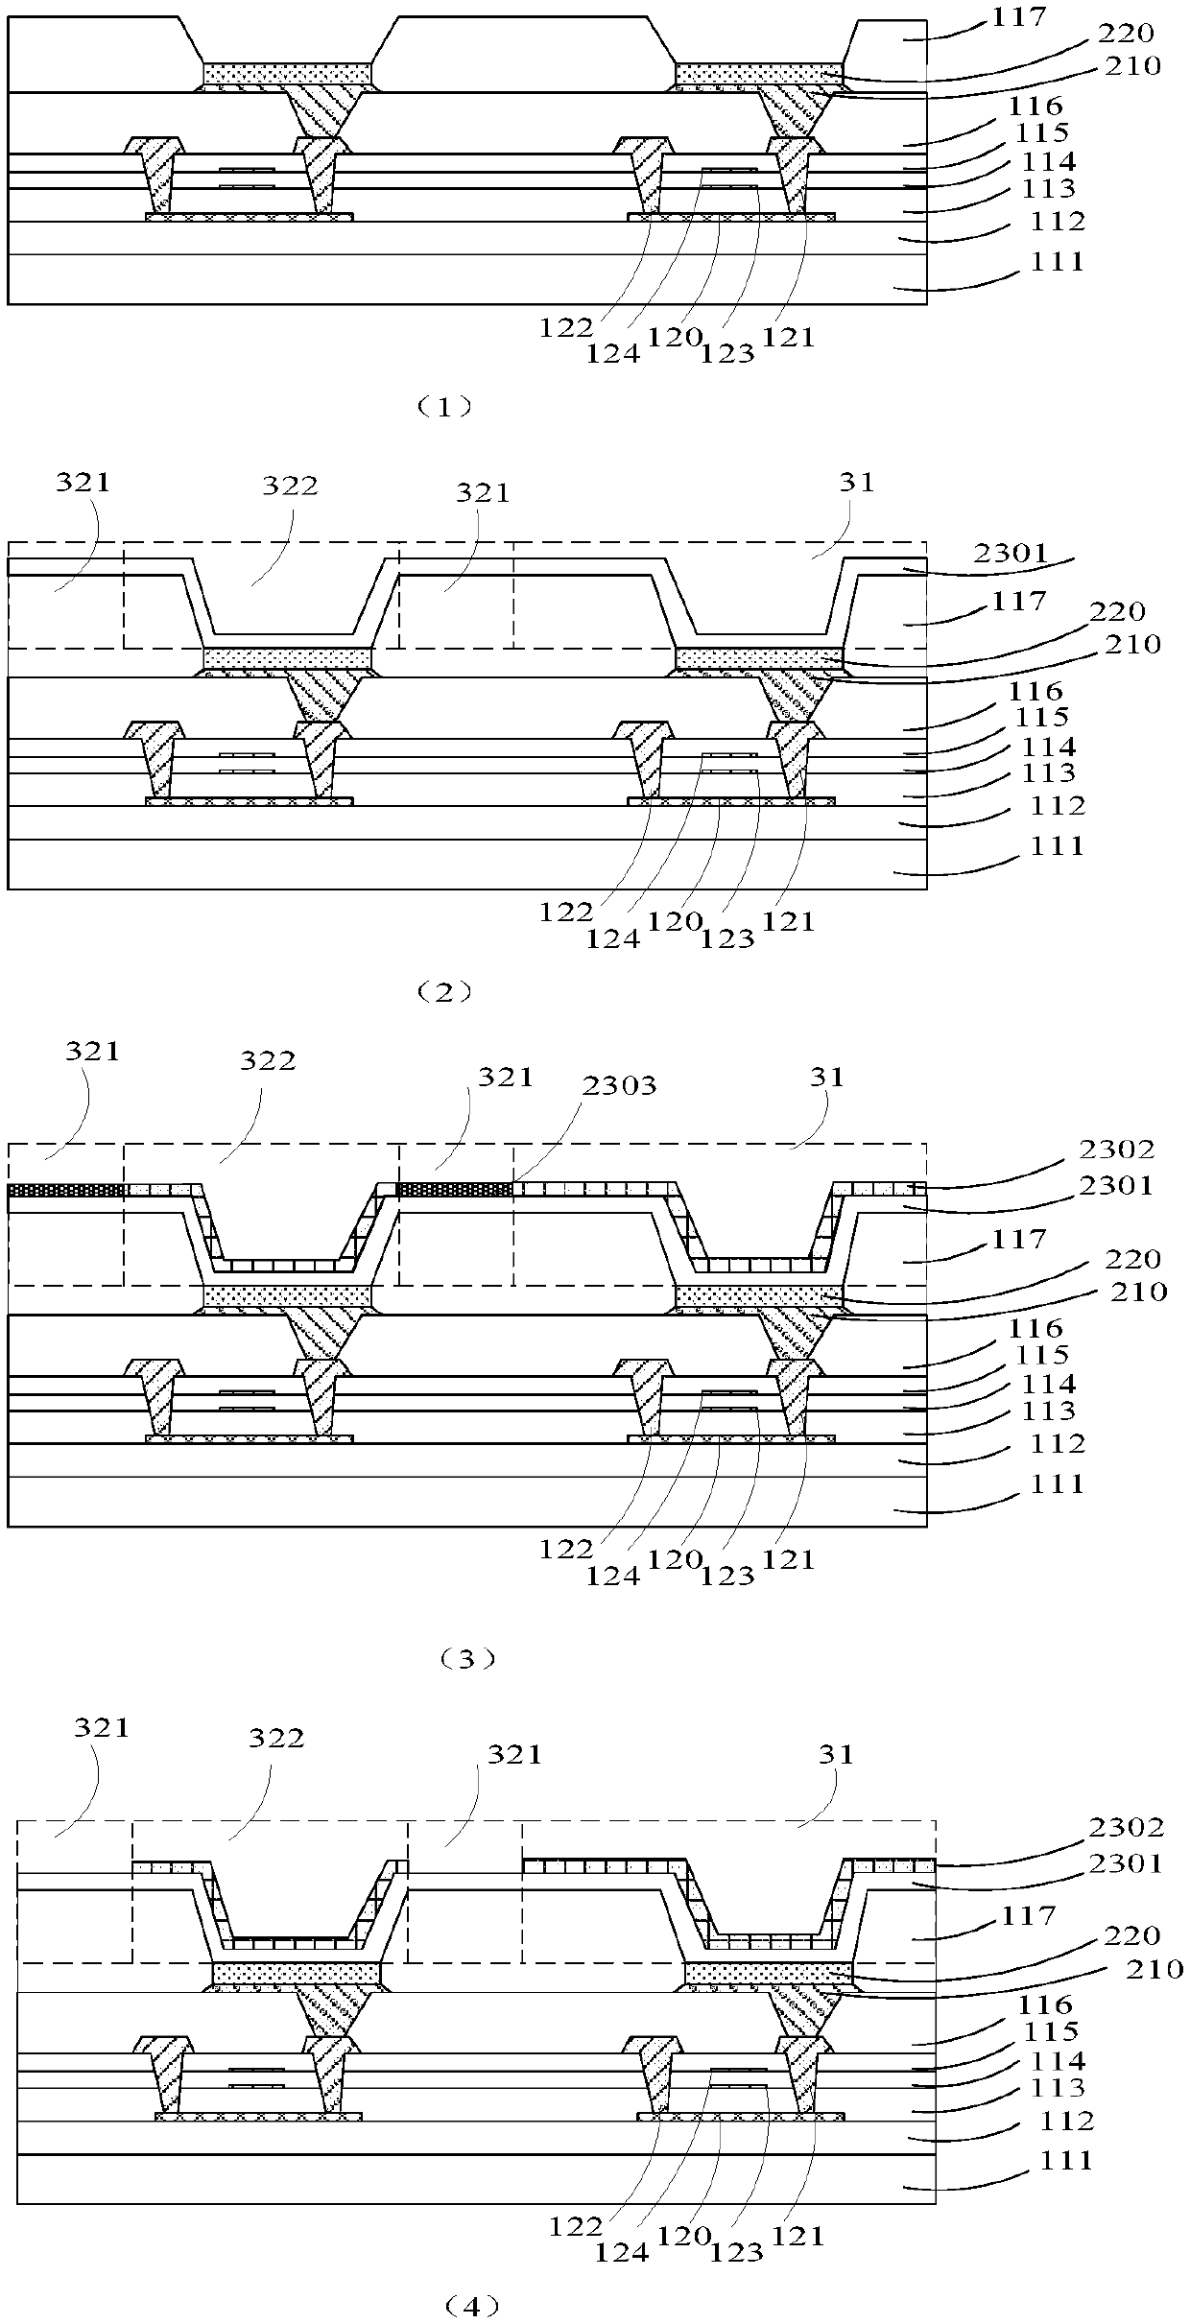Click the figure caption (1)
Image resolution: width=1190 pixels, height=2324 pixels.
[442, 406]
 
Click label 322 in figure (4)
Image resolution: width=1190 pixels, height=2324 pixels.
[276, 1738]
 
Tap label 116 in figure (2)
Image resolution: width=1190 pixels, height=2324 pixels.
[1037, 691]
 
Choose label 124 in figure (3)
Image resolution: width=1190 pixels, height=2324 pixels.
[615, 1576]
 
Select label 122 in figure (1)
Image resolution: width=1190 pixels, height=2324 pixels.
[565, 327]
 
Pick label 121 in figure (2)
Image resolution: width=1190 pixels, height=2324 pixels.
[788, 921]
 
